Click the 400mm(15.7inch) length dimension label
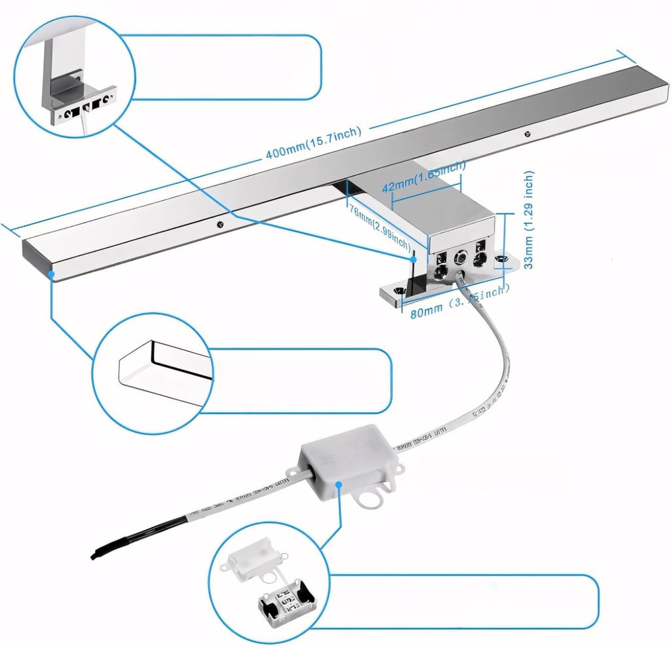[x=313, y=143]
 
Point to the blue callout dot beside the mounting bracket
[x=414, y=259]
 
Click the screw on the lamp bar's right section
[x=528, y=134]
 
